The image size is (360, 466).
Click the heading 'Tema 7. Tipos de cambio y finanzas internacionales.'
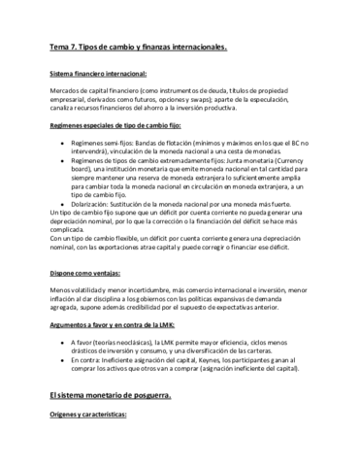[137, 47]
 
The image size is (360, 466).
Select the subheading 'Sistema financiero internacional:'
[97, 74]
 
